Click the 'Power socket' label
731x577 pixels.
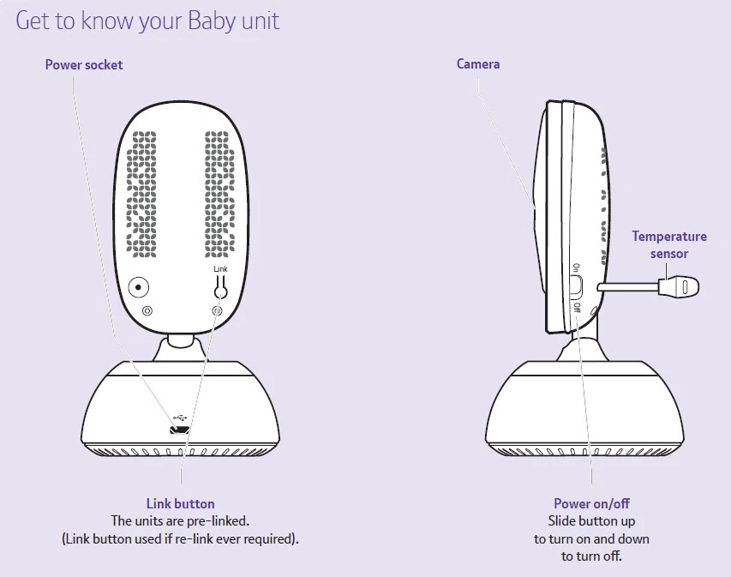(84, 64)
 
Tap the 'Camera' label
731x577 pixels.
(478, 64)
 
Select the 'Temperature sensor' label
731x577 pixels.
(669, 245)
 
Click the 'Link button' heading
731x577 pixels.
(181, 503)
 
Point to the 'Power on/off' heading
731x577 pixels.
(591, 503)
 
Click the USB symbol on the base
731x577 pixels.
(180, 417)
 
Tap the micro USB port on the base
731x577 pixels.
(179, 430)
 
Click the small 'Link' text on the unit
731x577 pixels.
(220, 268)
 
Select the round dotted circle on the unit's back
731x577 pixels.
(139, 287)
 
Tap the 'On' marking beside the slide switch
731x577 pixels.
(576, 267)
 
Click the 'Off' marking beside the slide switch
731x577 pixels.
(577, 308)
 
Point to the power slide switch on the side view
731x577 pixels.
(576, 288)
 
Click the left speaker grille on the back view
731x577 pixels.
(141, 195)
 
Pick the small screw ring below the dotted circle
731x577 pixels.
(147, 310)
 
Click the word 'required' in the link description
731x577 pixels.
(272, 538)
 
